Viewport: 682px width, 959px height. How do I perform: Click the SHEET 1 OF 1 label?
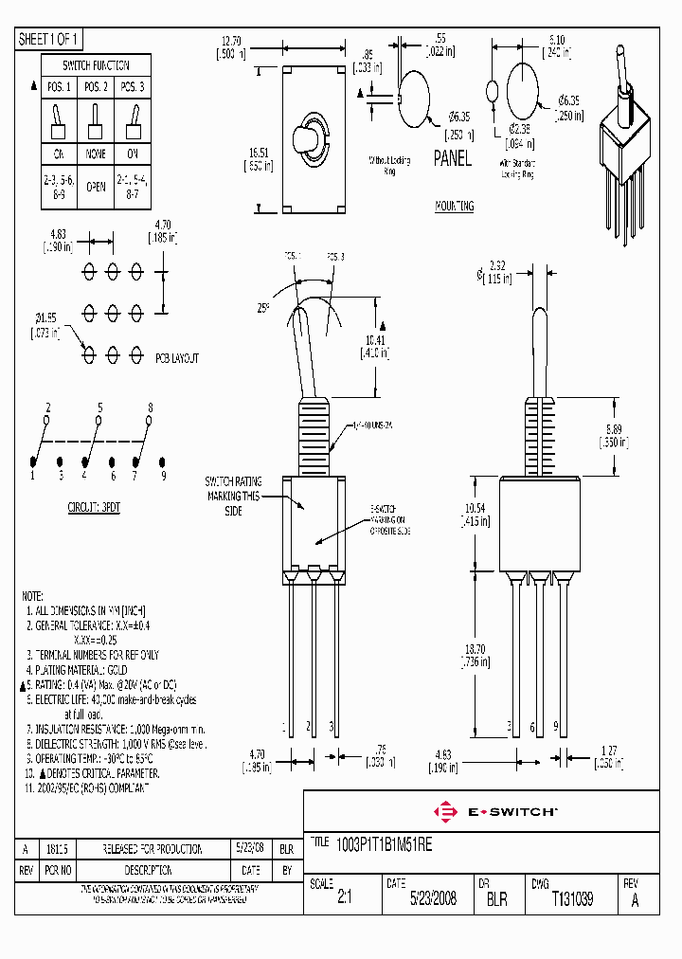click(50, 39)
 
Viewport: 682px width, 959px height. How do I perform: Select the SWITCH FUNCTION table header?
click(96, 65)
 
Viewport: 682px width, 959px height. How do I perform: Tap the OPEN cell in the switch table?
click(96, 187)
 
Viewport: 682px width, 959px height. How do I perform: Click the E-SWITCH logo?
click(495, 811)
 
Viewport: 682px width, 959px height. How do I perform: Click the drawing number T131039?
click(572, 898)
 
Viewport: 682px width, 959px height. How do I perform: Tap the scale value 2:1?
click(343, 898)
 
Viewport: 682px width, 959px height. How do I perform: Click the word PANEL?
click(452, 158)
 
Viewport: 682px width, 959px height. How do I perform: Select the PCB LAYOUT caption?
click(177, 359)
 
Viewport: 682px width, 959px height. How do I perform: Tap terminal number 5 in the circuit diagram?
click(99, 407)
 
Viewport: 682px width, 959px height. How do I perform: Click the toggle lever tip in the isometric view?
click(622, 50)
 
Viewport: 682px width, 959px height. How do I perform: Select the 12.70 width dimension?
click(231, 42)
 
